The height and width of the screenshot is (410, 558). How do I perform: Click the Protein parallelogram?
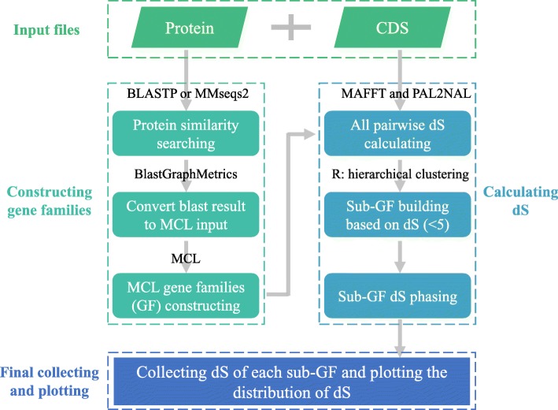click(189, 30)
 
